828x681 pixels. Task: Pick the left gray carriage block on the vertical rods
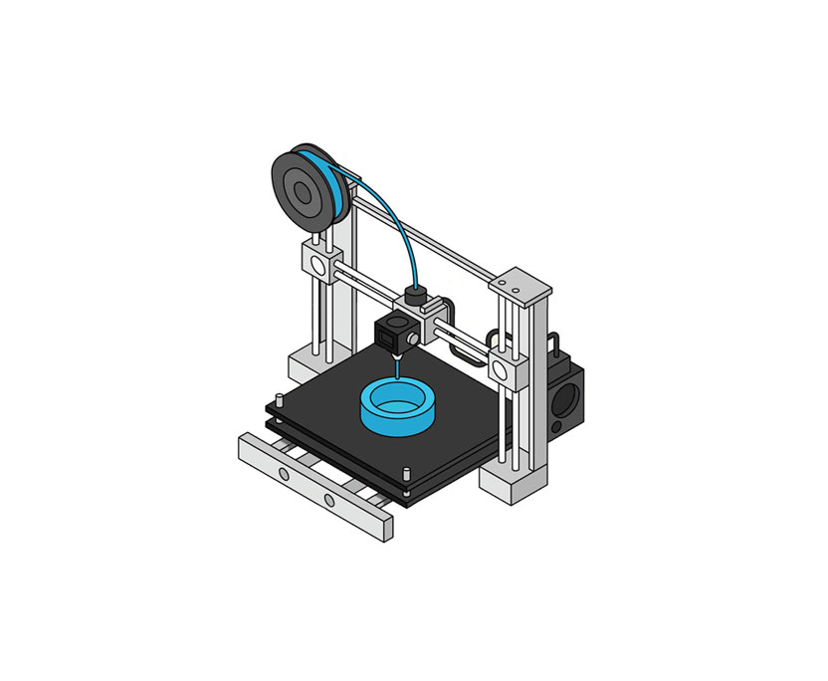click(x=318, y=264)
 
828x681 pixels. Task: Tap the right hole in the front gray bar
click(x=328, y=497)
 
